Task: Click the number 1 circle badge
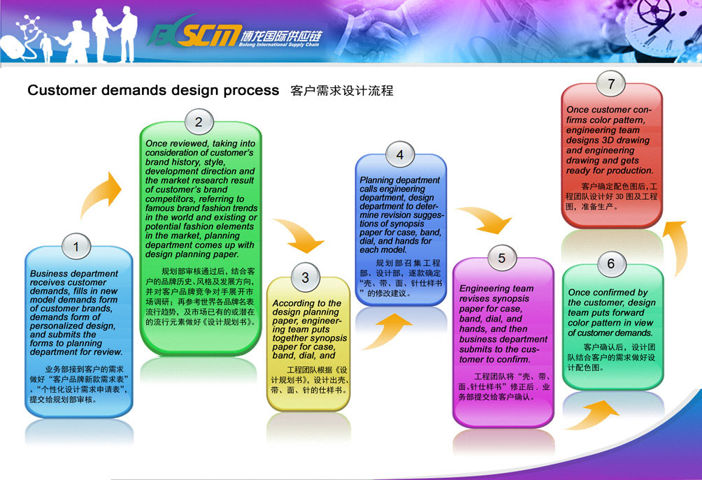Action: click(76, 247)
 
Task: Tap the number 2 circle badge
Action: click(199, 122)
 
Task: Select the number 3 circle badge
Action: click(306, 277)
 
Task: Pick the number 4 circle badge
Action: click(400, 155)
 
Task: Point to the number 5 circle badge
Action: click(501, 258)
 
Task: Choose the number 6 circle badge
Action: click(611, 264)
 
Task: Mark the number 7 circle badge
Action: click(611, 84)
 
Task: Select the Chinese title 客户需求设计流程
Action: click(342, 91)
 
